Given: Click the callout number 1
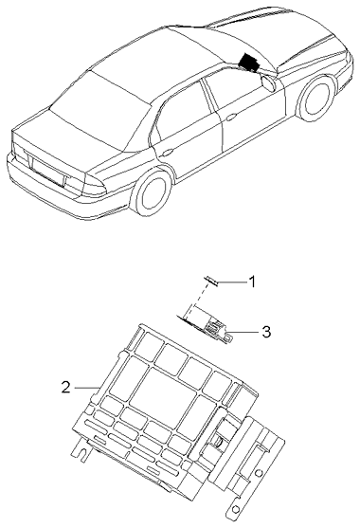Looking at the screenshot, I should pos(252,282).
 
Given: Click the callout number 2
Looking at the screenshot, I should pos(65,386).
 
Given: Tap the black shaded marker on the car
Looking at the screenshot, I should pos(252,63).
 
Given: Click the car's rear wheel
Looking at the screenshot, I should pos(153,194).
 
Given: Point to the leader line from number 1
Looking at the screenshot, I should pos(231,282).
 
